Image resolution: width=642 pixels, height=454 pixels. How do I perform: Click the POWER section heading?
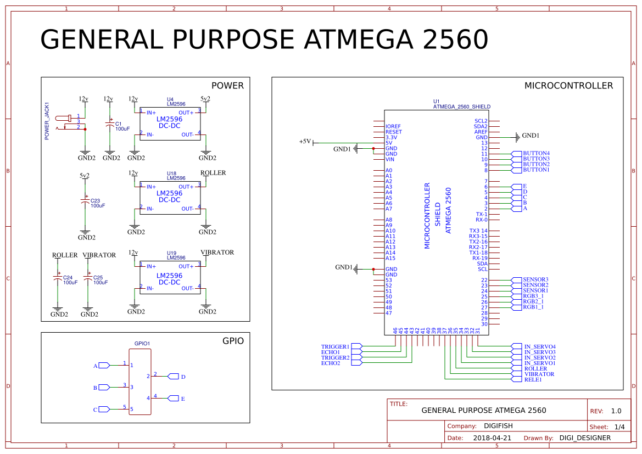point(227,86)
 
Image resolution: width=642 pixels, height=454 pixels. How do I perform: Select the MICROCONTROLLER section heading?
point(568,86)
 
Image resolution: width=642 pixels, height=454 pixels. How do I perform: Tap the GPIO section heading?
point(233,341)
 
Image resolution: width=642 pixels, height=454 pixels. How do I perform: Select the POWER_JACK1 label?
point(47,121)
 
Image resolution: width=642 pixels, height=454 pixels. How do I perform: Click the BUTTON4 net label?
point(536,153)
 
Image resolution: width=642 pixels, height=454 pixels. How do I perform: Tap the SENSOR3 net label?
point(535,279)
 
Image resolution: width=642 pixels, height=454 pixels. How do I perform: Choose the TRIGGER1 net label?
point(335,347)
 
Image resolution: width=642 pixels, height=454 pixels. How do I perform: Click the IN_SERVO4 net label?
point(540,347)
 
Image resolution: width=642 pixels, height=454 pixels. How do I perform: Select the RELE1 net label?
point(533,379)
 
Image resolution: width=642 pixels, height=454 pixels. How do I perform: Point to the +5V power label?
point(305,142)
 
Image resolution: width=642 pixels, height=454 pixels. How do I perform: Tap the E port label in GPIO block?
point(183,399)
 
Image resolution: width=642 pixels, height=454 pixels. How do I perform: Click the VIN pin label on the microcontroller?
point(389,159)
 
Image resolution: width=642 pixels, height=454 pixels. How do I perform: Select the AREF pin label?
point(481,132)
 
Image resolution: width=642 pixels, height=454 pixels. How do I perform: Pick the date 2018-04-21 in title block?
point(492,438)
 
